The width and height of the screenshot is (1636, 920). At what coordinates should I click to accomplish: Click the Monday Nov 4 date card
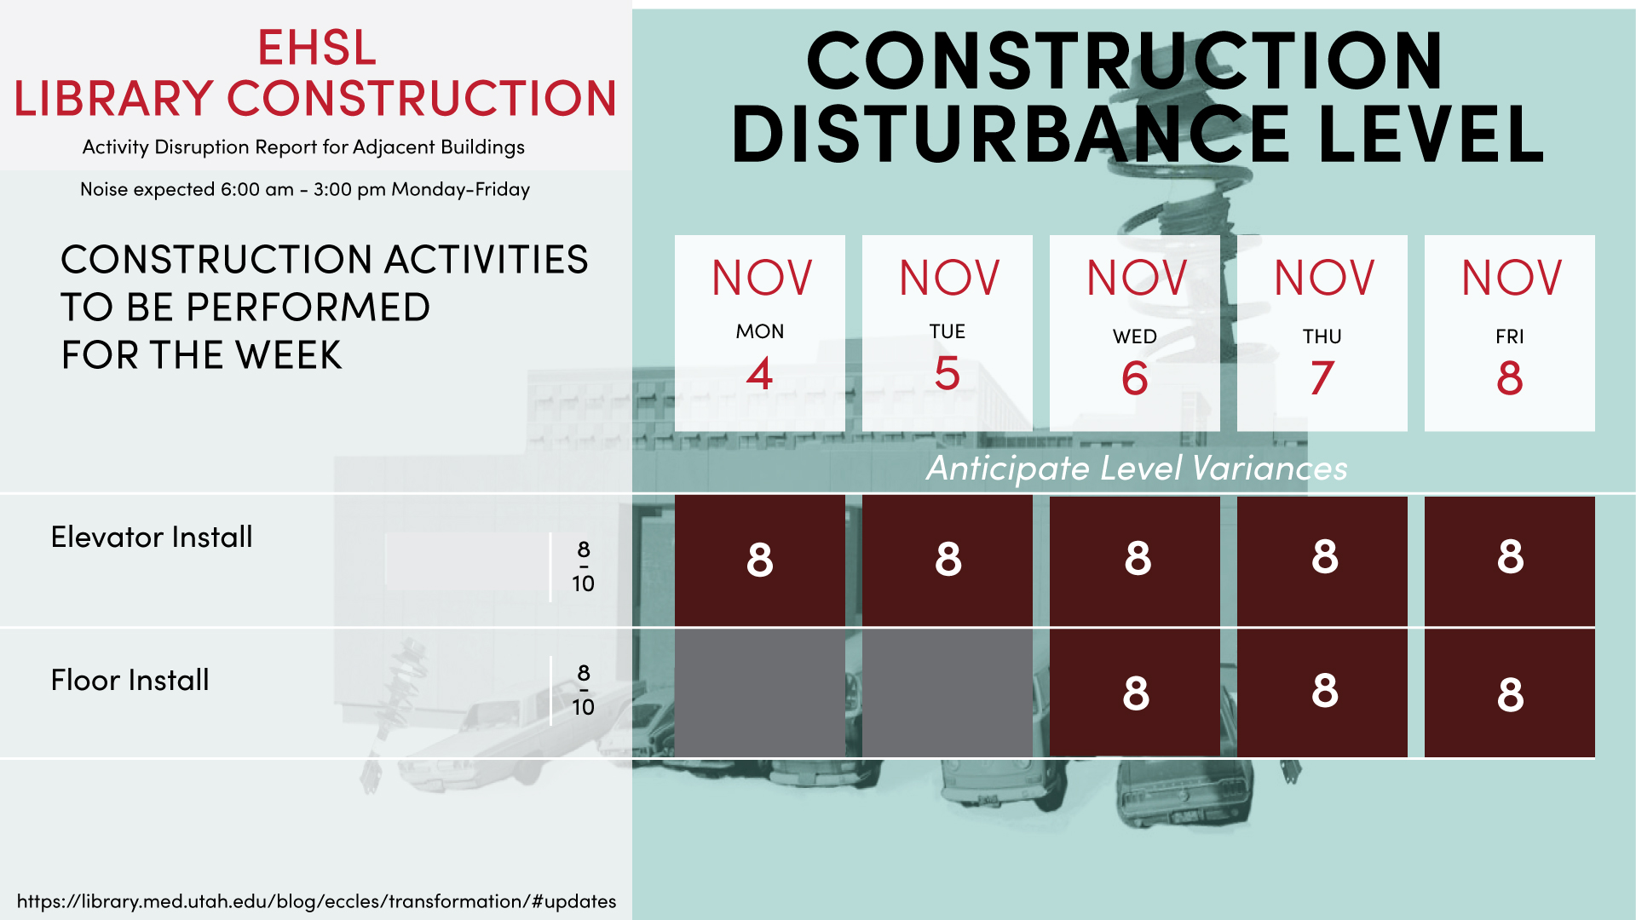(760, 333)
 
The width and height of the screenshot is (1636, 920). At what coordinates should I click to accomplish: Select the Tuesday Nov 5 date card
(948, 333)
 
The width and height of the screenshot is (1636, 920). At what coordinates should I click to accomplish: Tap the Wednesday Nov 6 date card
(1135, 333)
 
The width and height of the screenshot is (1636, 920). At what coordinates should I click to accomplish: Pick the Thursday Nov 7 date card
(1322, 333)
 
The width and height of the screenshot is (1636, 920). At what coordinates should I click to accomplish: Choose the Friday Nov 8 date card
(1510, 333)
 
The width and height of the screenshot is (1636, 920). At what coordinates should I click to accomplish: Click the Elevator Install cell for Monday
(760, 561)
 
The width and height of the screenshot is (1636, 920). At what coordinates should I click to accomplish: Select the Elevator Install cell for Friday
(1510, 561)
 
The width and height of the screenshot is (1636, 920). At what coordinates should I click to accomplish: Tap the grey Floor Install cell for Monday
(760, 693)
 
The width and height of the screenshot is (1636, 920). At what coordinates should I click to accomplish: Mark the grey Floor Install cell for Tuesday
(948, 693)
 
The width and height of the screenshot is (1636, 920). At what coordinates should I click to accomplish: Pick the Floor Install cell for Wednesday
(1135, 693)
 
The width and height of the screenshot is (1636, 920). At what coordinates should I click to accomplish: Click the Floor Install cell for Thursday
(1322, 693)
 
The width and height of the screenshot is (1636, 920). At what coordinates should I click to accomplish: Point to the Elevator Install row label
(152, 537)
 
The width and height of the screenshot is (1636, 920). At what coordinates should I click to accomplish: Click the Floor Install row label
(130, 680)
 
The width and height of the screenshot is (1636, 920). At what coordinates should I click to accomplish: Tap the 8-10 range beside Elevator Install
(584, 566)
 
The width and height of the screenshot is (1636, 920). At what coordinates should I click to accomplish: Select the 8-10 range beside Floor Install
(584, 689)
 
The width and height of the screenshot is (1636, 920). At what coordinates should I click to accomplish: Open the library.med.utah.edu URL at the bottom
(316, 901)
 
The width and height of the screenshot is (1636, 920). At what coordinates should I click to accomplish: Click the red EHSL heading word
(317, 48)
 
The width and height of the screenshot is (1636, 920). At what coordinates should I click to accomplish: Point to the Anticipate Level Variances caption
(1137, 469)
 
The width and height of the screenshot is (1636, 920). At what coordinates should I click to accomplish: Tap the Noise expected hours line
(305, 189)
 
